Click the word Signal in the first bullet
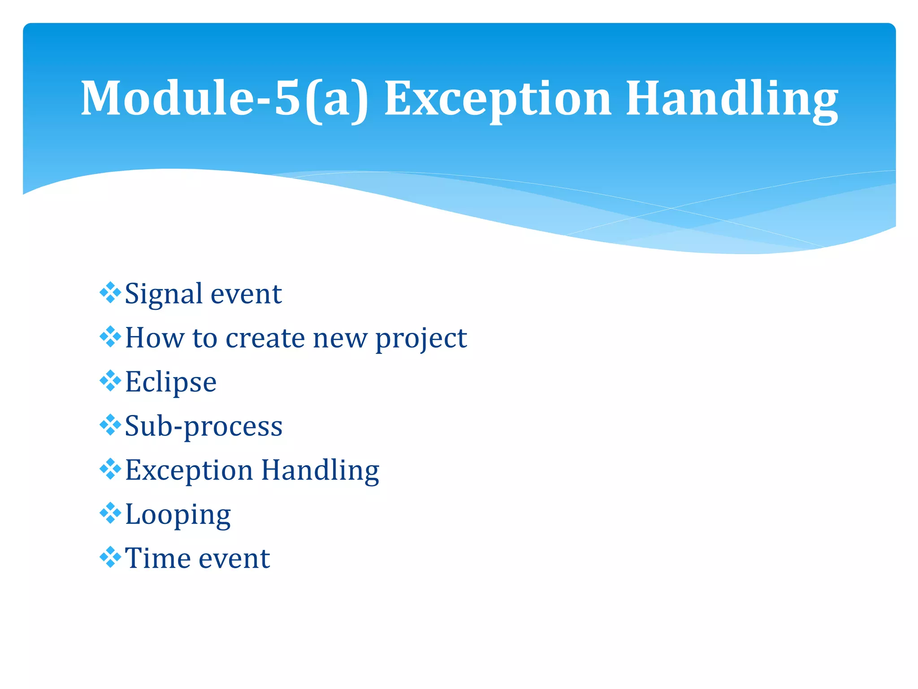coord(164,294)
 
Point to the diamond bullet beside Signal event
coord(110,293)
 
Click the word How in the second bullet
coord(154,338)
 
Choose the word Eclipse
coord(171,382)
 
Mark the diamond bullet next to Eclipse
coord(110,381)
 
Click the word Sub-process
coord(204,426)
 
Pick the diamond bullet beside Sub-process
coord(110,425)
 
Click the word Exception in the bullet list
coord(189,471)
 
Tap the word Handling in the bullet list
coord(320,471)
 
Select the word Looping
coord(178,515)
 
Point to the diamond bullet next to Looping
coord(110,513)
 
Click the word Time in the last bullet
coord(158,558)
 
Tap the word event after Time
coord(234,558)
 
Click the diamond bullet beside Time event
coord(110,557)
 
